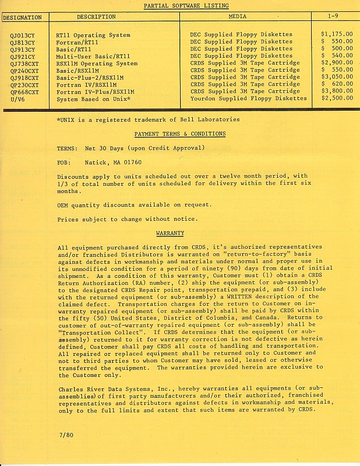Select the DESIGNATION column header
coord(22,17)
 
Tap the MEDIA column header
coord(237,17)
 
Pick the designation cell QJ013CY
coord(22,35)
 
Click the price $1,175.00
coord(337,35)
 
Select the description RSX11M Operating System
coord(97,63)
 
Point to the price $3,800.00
coord(337,91)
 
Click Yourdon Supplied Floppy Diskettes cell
coord(248,98)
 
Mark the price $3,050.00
coord(337,77)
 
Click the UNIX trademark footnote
coord(148,119)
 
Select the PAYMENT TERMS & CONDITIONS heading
coord(179,134)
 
